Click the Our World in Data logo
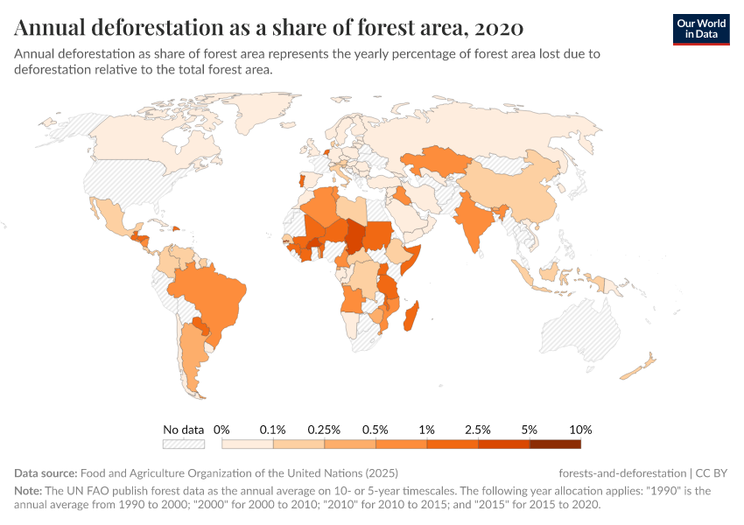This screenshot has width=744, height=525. [700, 28]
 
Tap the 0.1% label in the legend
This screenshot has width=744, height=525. [273, 430]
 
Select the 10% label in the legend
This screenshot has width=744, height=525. [581, 430]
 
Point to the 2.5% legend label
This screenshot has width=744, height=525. [479, 430]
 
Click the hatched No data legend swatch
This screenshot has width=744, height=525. [184, 444]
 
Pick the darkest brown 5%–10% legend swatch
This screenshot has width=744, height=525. [556, 444]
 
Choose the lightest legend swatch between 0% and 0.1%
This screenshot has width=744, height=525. [248, 444]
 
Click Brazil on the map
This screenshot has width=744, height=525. [210, 293]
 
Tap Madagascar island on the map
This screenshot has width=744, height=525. [410, 315]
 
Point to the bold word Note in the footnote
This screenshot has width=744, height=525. [29, 491]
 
